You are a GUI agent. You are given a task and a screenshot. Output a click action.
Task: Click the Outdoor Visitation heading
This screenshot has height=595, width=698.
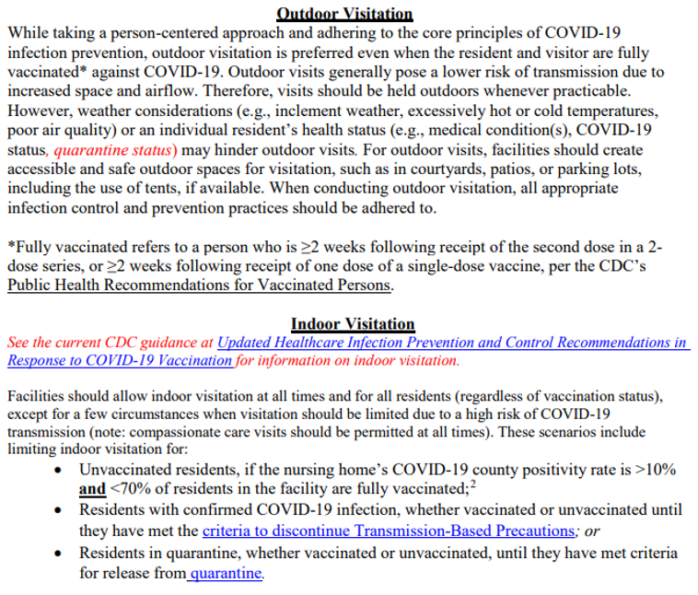coord(345,14)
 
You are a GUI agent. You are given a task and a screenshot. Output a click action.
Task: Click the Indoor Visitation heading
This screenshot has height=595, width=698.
coord(353,323)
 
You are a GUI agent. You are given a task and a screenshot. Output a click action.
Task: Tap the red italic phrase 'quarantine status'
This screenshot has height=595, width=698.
coord(114,149)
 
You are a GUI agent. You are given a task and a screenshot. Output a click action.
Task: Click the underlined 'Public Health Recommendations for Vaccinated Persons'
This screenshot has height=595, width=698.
coord(200,285)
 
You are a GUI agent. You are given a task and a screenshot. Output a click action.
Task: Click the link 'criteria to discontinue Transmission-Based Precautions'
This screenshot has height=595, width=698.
coord(389,531)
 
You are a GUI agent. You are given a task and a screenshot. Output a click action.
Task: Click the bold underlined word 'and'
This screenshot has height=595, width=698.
coord(92,490)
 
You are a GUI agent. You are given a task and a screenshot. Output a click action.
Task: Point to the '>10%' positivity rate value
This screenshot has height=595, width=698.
coord(655,470)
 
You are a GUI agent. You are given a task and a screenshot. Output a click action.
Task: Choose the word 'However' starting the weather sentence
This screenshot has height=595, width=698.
coord(39,111)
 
